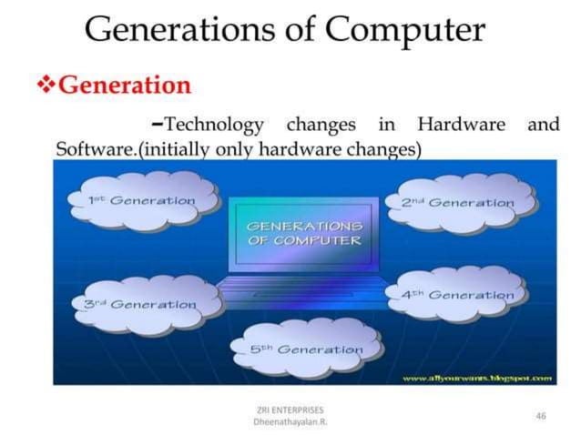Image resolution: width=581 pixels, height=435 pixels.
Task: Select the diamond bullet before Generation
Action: point(45,85)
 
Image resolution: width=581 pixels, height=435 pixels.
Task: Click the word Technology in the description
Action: point(213,124)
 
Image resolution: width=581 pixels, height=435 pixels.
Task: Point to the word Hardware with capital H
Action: point(460,124)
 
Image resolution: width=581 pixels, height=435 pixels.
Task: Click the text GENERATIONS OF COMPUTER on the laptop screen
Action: point(303,233)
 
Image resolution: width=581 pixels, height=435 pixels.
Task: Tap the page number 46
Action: point(541,415)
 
